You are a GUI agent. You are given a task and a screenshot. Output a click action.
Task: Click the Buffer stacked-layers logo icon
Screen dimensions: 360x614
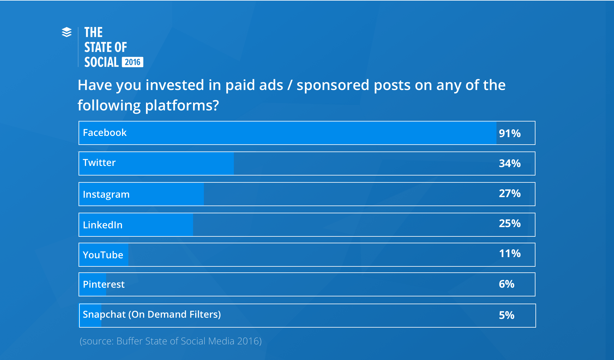pos(67,32)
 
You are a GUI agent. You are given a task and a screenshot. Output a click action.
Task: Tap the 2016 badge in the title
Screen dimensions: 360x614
pos(133,62)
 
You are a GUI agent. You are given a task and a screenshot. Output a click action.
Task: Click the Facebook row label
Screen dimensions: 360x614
pos(105,133)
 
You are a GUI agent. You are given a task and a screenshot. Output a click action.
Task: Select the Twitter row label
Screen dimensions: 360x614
pos(99,163)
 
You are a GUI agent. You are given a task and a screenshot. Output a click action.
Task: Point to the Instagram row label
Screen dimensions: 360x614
pos(106,194)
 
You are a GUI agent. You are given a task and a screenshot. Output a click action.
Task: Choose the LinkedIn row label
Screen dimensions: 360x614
pos(103,225)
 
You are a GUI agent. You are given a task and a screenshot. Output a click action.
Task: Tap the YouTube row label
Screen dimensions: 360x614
pos(103,255)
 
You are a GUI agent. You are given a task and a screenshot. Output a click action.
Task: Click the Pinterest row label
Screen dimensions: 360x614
pos(104,284)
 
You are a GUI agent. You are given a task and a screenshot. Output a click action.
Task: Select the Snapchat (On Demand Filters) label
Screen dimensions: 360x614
pos(152,314)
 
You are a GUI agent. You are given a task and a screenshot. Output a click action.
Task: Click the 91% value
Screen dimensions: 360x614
pos(510,133)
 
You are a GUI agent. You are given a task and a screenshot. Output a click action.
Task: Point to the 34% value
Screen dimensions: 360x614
pos(510,163)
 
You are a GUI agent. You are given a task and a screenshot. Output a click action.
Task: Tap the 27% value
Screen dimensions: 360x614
pos(510,193)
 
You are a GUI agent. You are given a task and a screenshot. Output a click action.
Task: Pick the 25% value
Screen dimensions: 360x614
pos(510,223)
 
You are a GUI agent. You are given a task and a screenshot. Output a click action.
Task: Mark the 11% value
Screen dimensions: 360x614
pos(510,253)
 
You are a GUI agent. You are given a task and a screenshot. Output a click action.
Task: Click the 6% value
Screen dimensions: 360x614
pos(507,284)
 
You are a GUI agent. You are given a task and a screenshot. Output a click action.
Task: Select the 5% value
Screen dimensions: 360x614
pos(507,315)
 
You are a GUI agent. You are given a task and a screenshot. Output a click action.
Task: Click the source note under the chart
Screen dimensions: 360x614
pos(171,341)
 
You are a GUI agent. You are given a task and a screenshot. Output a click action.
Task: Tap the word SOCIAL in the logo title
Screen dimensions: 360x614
pos(101,62)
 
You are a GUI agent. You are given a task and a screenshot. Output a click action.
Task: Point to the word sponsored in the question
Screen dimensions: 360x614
pos(333,85)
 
